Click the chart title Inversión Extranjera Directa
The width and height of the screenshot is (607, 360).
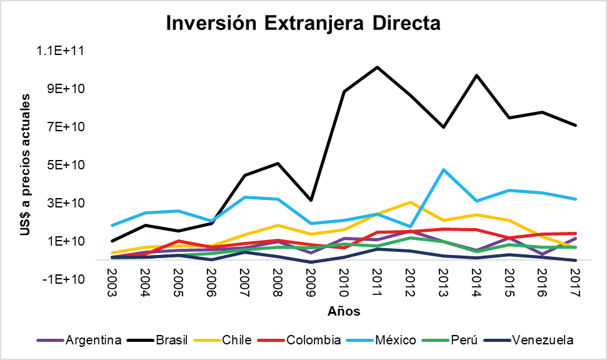click(x=303, y=23)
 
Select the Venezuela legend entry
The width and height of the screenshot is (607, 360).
click(x=541, y=340)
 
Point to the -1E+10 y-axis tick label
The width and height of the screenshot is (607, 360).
click(x=67, y=279)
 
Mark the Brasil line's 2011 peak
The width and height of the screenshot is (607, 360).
click(x=377, y=67)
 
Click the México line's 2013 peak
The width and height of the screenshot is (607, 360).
click(x=443, y=169)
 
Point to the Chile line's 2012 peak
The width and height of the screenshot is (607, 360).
click(x=409, y=202)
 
